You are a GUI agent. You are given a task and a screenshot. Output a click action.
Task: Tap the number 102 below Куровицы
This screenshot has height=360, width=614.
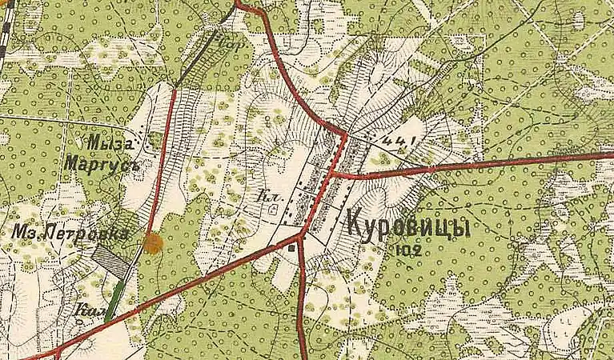pyautogui.click(x=408, y=250)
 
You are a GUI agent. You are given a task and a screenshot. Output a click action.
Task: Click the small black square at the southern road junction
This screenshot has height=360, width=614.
pyautogui.click(x=291, y=247)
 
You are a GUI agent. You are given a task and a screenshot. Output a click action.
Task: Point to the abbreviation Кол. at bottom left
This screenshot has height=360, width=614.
pyautogui.click(x=91, y=309)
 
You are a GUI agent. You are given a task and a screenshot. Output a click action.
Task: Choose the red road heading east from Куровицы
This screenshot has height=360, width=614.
pyautogui.click(x=480, y=163)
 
